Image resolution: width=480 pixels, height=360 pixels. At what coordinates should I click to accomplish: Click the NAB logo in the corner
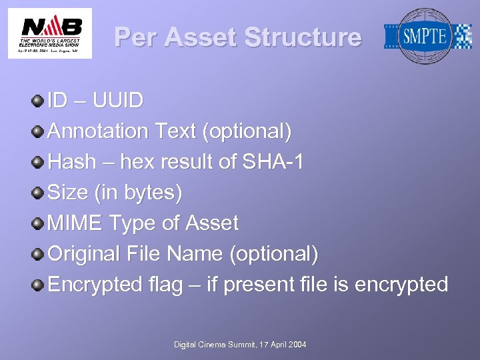pos(50,33)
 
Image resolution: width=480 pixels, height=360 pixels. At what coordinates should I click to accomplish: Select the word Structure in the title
pos(303,37)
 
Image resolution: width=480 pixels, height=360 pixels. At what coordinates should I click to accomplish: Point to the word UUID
pos(118,101)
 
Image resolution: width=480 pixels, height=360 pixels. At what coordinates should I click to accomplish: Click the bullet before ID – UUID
pos(38,101)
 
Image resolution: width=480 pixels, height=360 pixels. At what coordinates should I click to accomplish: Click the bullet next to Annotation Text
pos(38,131)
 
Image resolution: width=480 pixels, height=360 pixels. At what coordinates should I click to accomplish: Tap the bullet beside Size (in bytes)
pos(38,193)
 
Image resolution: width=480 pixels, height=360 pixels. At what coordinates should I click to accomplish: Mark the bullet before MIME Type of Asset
pos(38,223)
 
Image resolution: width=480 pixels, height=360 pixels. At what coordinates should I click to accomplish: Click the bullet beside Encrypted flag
pos(38,285)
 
